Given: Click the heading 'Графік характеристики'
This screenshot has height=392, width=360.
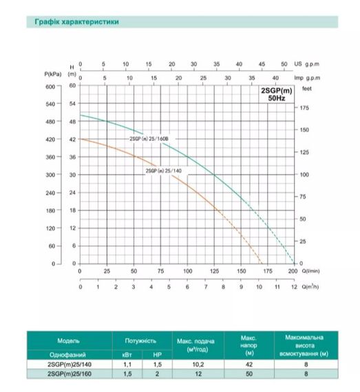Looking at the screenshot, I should (x=76, y=23).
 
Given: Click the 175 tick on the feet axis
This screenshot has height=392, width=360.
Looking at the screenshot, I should (x=305, y=109).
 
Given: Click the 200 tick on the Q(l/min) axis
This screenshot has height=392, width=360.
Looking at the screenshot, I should (x=292, y=271).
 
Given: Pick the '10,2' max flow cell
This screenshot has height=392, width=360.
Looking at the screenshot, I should (x=204, y=364).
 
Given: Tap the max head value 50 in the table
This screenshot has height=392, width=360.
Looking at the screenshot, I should (x=249, y=374).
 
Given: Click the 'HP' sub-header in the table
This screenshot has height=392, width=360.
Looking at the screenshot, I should (x=157, y=353).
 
